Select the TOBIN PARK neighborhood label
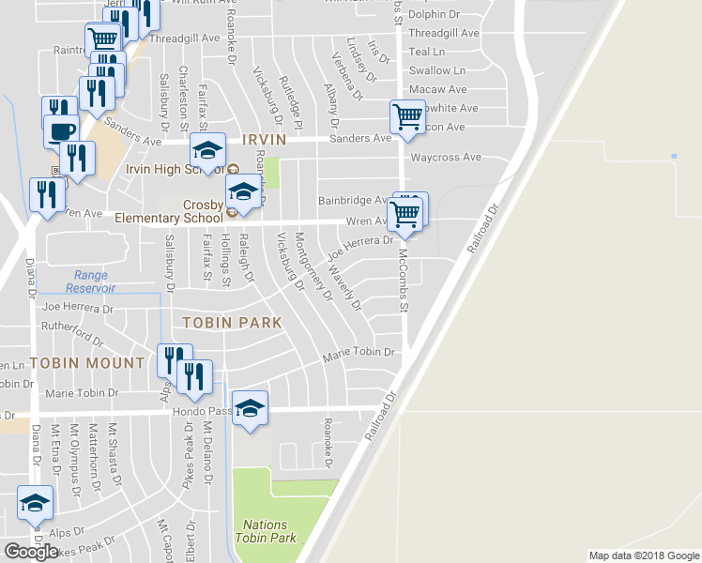(x=232, y=322)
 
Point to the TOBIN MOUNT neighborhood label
(x=86, y=362)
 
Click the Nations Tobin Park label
(x=269, y=531)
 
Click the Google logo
(x=31, y=551)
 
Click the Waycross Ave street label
(x=445, y=157)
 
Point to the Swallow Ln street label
(x=437, y=70)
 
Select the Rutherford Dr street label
(x=72, y=331)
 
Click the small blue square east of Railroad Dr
(x=674, y=156)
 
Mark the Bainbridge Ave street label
(x=352, y=200)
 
